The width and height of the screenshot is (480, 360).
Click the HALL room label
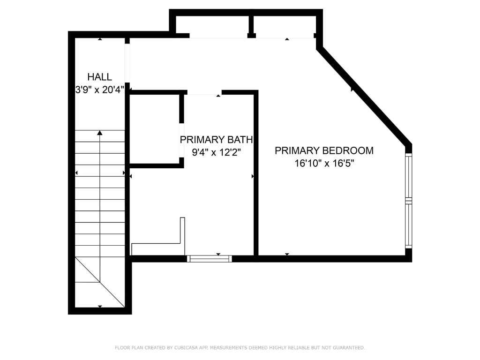coord(100,77)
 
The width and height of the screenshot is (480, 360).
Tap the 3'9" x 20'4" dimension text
coord(99,90)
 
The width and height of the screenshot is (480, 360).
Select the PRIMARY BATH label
coord(216,139)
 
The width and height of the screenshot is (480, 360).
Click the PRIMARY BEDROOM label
coord(324,150)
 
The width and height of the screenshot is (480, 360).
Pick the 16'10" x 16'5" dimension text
coord(324,164)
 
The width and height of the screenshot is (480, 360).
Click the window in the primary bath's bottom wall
coord(209,258)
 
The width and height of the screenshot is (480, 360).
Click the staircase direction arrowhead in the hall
coord(100,133)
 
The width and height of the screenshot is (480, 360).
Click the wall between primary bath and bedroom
coord(256,173)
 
